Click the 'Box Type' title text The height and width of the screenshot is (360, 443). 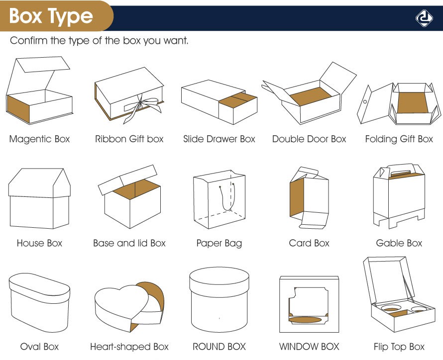(x=51, y=16)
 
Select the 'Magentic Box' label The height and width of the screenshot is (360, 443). (x=39, y=139)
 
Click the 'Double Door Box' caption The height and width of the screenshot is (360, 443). (x=309, y=139)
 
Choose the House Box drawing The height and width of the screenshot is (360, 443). (x=39, y=199)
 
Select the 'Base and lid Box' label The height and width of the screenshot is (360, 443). (x=129, y=243)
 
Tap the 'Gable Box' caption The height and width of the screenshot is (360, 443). (x=399, y=243)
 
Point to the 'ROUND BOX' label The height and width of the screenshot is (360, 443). (x=219, y=347)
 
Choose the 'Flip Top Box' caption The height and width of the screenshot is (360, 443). (x=399, y=347)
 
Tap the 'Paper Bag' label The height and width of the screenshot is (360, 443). (x=219, y=243)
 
